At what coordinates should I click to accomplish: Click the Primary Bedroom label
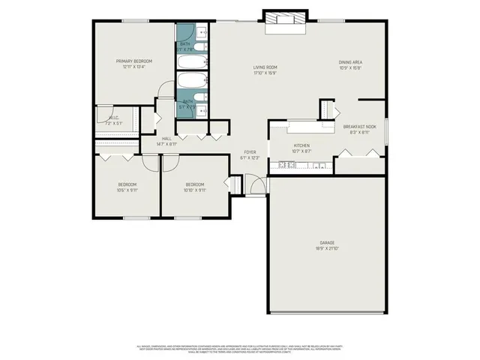click(134, 61)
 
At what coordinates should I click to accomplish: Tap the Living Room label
click(265, 67)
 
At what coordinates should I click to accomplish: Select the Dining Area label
click(350, 62)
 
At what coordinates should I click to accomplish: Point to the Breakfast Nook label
click(360, 127)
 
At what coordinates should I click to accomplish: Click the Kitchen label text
click(301, 145)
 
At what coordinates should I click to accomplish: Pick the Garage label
click(327, 243)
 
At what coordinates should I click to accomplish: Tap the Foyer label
click(250, 151)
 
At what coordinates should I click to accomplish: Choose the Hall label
click(166, 138)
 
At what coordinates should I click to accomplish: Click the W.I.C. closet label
click(114, 117)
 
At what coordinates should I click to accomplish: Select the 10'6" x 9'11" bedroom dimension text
click(127, 190)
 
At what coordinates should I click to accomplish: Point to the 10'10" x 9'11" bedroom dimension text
click(195, 190)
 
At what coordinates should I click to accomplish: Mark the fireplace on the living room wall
click(286, 21)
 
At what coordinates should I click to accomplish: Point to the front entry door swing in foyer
click(256, 184)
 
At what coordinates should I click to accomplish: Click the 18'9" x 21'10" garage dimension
click(327, 249)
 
